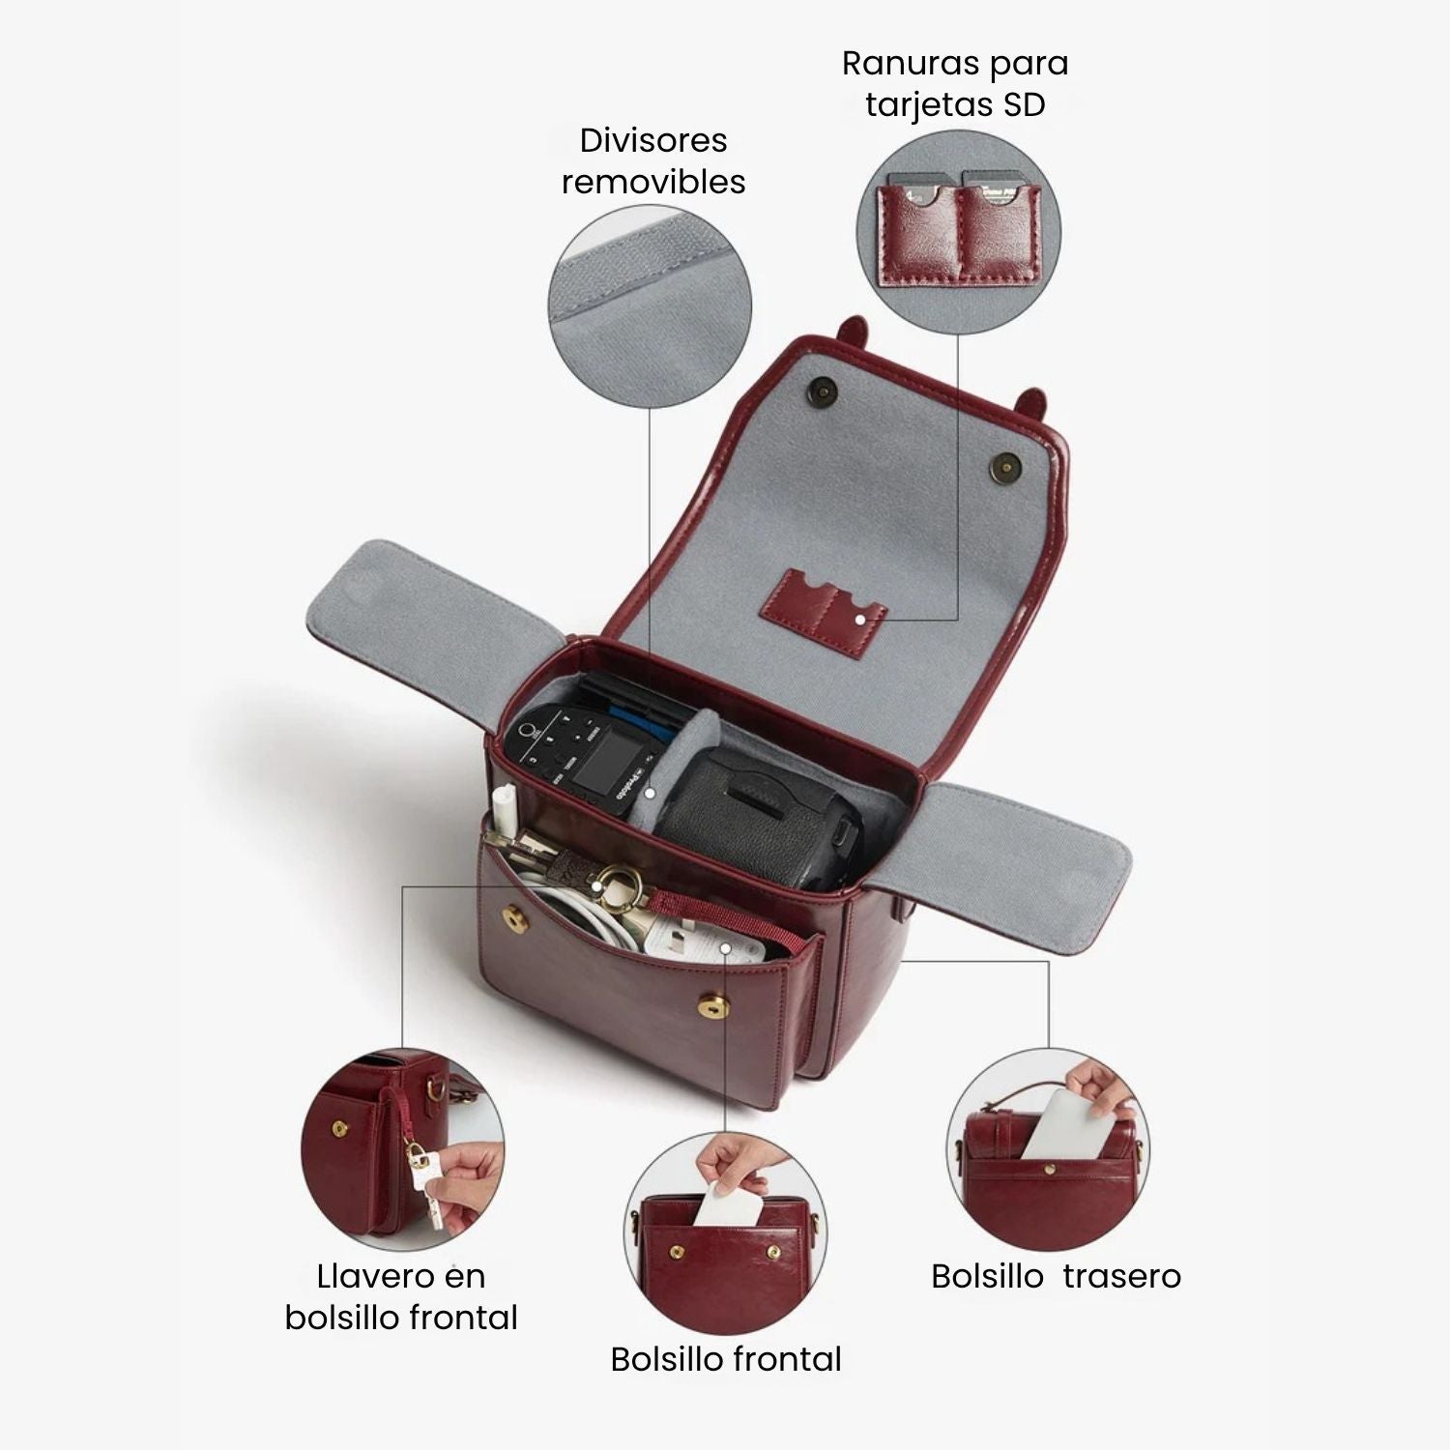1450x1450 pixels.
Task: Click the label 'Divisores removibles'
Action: click(x=653, y=160)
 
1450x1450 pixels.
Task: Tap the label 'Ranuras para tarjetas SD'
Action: click(x=955, y=83)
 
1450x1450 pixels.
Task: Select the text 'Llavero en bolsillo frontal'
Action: click(x=401, y=1296)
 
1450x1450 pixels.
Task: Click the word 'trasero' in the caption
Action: click(x=1121, y=1276)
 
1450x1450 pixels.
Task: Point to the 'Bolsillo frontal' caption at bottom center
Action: click(x=726, y=1359)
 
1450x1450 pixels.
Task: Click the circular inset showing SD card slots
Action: click(x=959, y=232)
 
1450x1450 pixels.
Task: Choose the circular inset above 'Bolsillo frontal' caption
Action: click(x=726, y=1233)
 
